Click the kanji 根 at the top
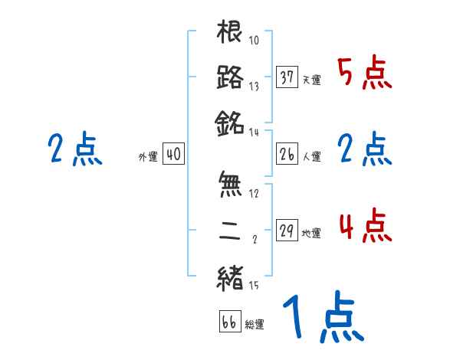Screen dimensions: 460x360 [230, 32]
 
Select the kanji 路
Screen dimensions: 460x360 [230, 78]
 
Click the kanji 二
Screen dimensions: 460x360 [230, 231]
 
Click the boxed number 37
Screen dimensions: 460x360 [287, 78]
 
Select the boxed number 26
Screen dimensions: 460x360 [287, 155]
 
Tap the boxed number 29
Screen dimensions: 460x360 [287, 231]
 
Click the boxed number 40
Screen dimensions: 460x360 [173, 155]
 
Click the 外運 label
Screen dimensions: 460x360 [148, 157]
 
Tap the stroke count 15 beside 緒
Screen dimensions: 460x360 [254, 286]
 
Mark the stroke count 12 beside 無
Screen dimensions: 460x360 [255, 193]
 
